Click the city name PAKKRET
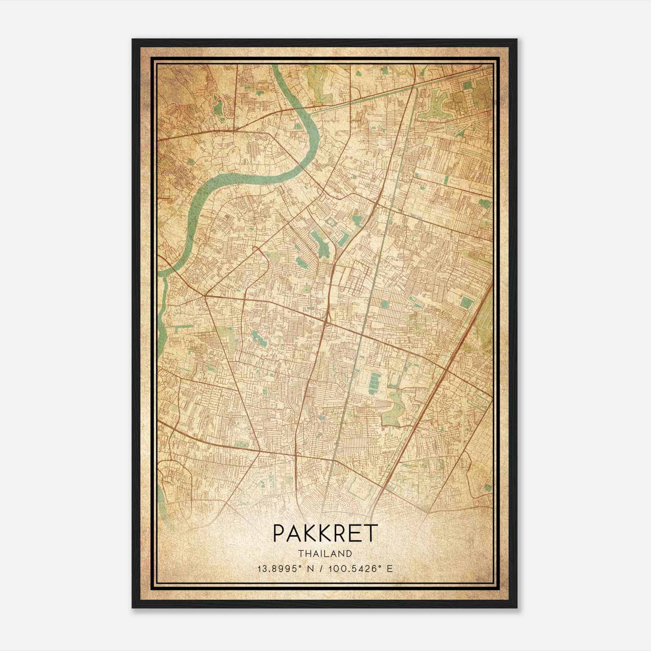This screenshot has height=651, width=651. [325, 533]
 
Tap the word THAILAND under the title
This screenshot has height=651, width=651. [325, 554]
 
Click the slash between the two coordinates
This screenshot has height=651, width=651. [322, 568]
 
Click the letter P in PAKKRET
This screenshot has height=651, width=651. [279, 533]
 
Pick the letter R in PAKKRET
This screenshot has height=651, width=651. [342, 533]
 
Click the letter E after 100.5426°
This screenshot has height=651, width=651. [390, 568]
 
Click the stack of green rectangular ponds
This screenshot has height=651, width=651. [373, 382]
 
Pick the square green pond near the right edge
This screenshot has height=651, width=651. [466, 302]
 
